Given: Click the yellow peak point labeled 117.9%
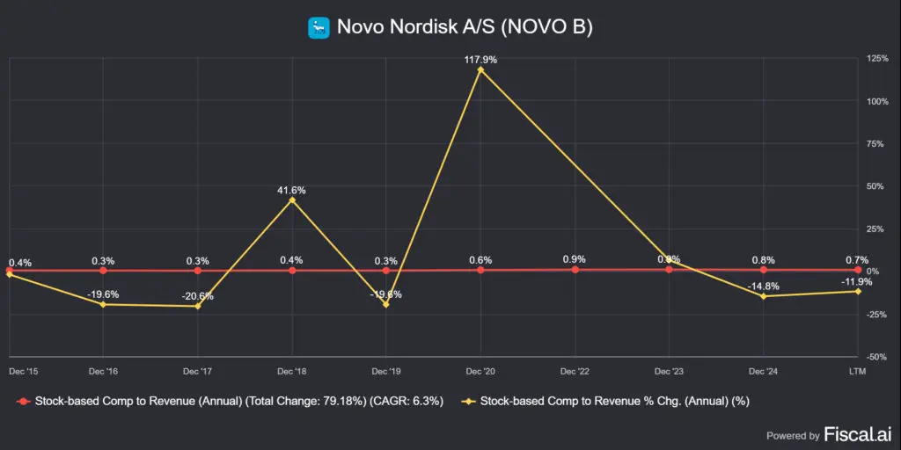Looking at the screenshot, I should click(x=480, y=69).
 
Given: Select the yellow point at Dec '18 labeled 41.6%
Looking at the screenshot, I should click(x=292, y=200).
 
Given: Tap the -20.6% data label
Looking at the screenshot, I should click(x=197, y=296).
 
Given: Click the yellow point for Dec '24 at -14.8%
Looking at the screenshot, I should click(x=763, y=296).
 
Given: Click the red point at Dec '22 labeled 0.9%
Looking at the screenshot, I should click(x=575, y=270).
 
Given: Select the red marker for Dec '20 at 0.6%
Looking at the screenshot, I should click(x=480, y=270).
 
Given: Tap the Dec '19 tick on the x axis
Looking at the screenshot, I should click(x=386, y=370).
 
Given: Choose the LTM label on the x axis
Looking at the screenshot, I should click(x=856, y=370).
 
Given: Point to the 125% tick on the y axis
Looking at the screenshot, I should click(x=877, y=58).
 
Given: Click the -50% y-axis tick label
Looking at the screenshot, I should click(x=877, y=357).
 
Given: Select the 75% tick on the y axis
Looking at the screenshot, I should click(x=877, y=143).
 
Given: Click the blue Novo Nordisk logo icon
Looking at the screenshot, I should click(x=319, y=28).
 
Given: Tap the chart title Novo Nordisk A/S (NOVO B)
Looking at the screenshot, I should click(x=465, y=28).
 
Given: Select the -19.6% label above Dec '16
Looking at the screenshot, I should click(x=103, y=294).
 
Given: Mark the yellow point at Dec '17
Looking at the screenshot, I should click(x=197, y=306).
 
